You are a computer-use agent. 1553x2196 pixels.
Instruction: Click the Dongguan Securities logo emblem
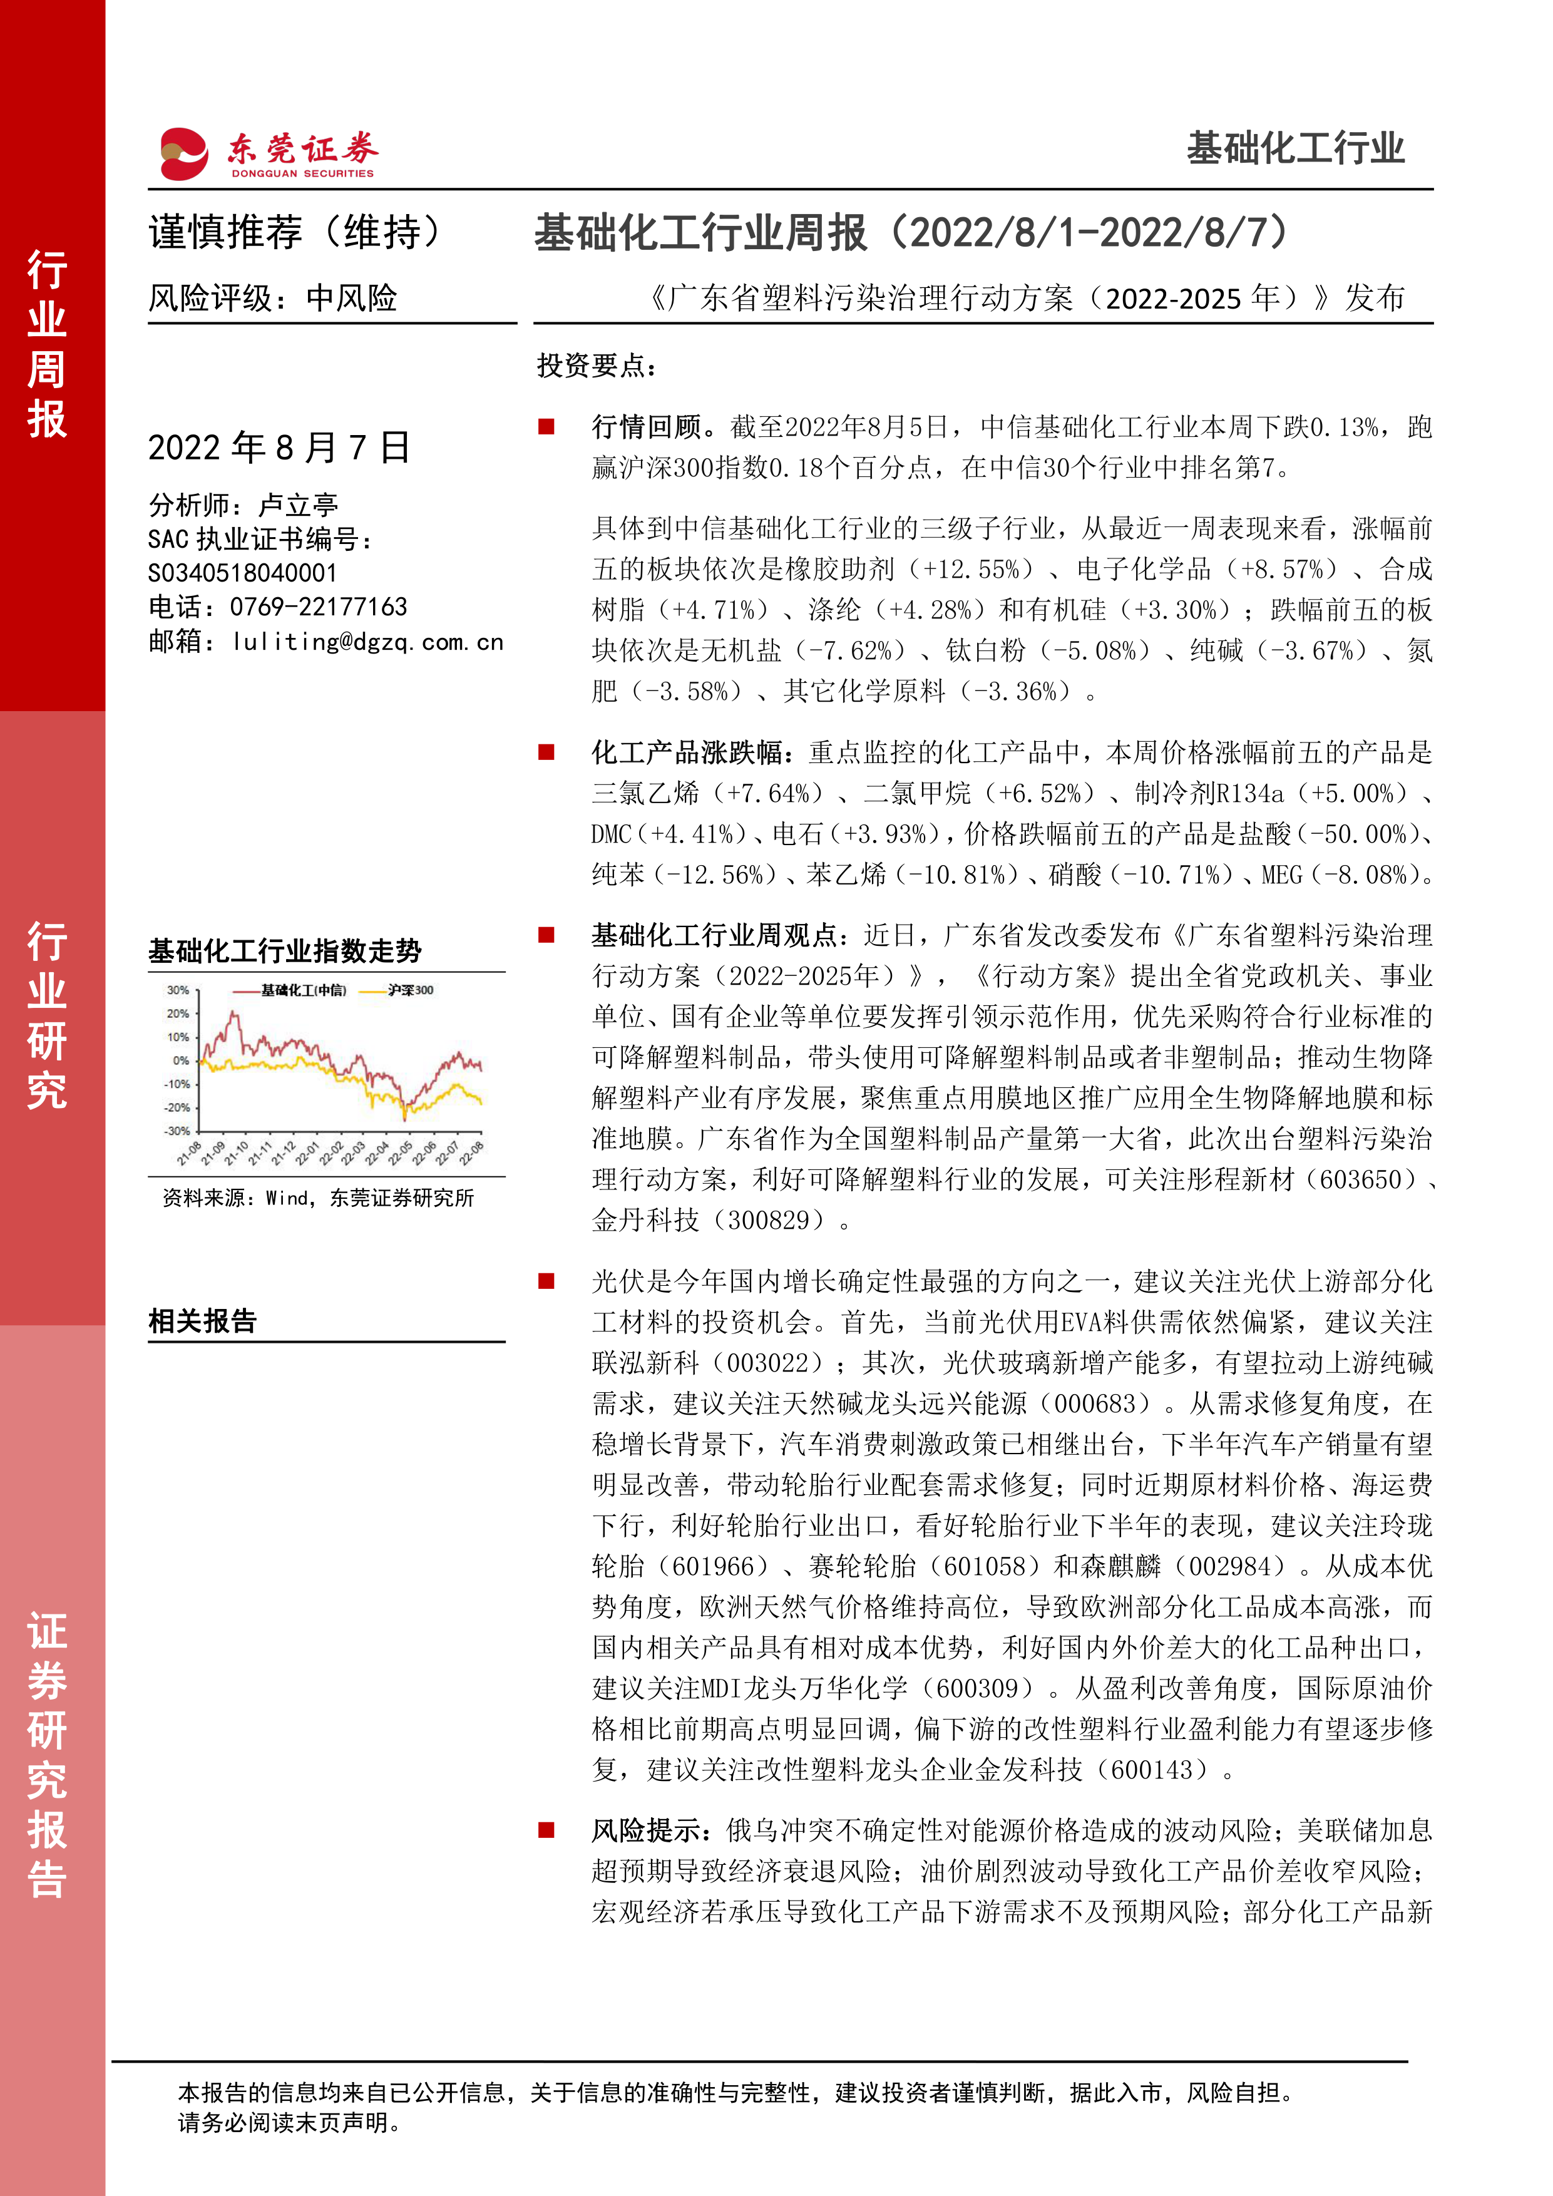183,153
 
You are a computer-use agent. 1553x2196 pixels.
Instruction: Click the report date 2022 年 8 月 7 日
279,448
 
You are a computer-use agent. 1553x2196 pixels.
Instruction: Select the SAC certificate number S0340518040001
243,573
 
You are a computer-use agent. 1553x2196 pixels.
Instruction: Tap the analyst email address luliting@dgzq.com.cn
368,642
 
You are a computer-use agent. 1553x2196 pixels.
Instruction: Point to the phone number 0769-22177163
319,607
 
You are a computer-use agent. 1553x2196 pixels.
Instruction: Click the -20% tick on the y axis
177,1107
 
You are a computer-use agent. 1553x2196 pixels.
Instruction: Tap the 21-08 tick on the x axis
189,1154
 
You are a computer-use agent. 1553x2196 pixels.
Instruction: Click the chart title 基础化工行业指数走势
285,951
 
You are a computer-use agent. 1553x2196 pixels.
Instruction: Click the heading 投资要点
597,366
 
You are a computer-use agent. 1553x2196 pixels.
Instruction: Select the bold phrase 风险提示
647,1830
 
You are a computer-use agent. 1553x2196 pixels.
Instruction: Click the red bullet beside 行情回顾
547,426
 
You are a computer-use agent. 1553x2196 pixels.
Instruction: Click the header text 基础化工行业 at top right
1295,149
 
